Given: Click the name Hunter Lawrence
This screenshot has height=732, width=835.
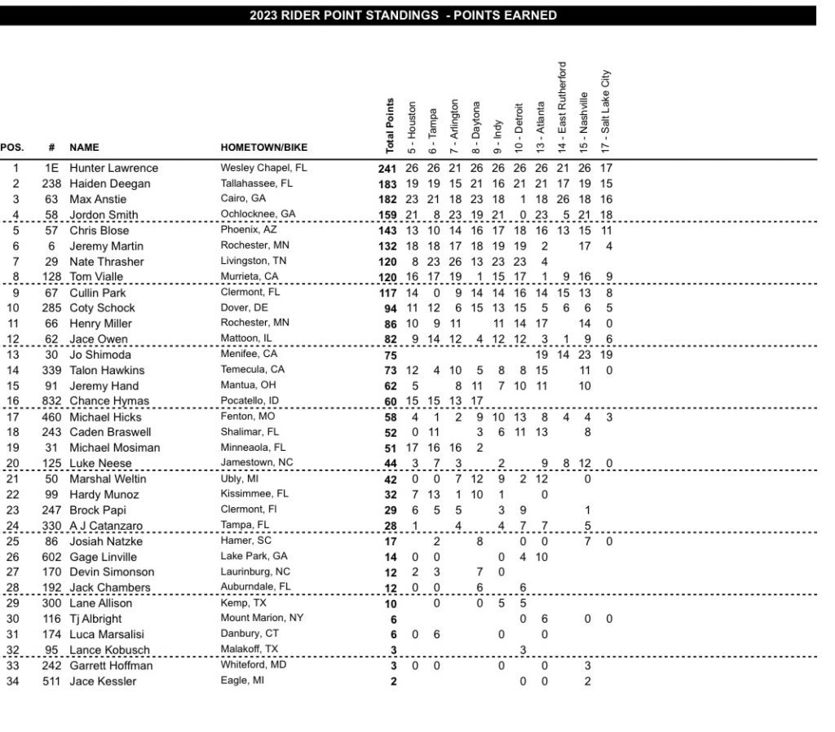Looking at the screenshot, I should point(113,168).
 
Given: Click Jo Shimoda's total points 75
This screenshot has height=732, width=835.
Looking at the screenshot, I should point(390,355).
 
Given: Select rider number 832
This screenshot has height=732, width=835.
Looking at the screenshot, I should point(52,401).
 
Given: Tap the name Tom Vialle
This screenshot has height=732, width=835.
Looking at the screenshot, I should point(99,277).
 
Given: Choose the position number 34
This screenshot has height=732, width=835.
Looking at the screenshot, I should point(14,681).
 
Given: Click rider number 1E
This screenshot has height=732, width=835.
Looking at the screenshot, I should point(52,168).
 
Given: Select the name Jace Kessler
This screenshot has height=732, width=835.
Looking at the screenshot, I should point(102,681).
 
